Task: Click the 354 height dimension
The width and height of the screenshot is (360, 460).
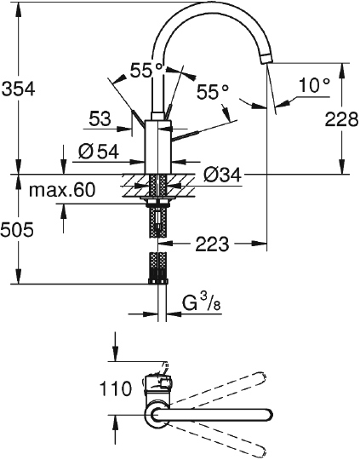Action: click(18, 89)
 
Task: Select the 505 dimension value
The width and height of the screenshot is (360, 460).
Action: click(17, 229)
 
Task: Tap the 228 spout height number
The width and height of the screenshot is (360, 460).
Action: click(342, 119)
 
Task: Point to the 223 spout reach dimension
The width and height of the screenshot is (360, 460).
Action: click(212, 244)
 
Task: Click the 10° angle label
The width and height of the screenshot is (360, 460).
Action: click(315, 85)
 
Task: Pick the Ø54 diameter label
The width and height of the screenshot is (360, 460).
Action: click(99, 152)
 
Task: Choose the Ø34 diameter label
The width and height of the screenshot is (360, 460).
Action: click(222, 175)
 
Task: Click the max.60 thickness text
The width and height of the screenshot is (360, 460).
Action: click(62, 190)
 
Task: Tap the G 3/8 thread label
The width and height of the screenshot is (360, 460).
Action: click(202, 304)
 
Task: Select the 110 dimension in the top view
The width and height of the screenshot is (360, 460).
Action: click(116, 388)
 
